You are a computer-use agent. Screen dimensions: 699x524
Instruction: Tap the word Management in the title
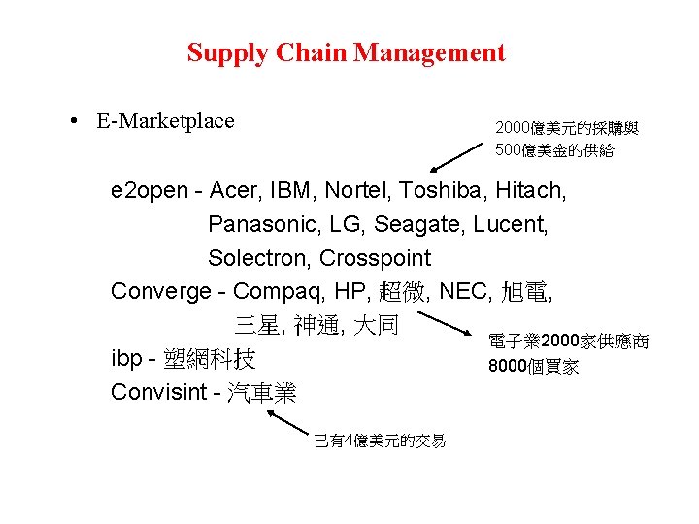(x=429, y=52)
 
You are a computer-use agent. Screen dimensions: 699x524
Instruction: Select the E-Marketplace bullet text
(x=165, y=121)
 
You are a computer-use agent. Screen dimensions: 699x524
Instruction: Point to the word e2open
(x=150, y=190)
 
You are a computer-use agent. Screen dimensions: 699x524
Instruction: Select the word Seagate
(x=420, y=225)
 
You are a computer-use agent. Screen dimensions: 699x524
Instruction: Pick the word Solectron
(x=258, y=259)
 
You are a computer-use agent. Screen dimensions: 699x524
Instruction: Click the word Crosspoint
(x=375, y=259)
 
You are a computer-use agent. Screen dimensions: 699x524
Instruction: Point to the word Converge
(x=159, y=291)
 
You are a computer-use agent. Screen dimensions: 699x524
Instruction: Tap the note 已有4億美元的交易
(x=380, y=442)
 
